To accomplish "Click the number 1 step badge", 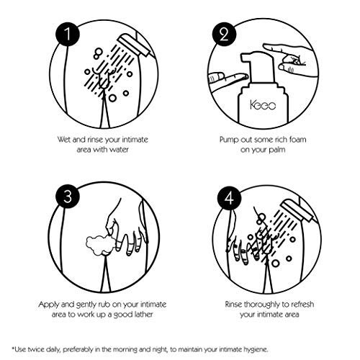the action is (x=68, y=34).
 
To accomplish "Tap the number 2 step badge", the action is (x=224, y=35).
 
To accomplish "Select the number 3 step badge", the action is (x=68, y=197).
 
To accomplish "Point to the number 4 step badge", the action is (x=229, y=198).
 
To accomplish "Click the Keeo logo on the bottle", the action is (x=263, y=105).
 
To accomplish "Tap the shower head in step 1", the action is (x=133, y=45).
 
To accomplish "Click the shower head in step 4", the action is (x=297, y=211).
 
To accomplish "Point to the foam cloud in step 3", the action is (x=99, y=246).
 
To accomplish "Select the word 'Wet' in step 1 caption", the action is (x=64, y=140).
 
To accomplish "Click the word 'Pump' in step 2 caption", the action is (x=228, y=140).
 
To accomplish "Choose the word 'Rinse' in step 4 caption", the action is (x=233, y=305).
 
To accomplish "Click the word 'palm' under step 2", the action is (x=277, y=150).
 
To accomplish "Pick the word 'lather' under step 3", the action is (x=143, y=315).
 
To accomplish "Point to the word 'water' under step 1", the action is (x=119, y=150).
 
